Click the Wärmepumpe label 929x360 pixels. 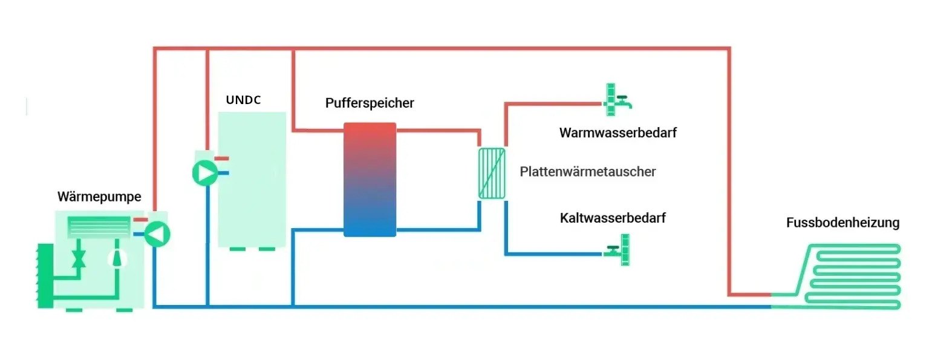[99, 197]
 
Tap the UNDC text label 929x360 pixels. [243, 100]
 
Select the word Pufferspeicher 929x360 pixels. [370, 103]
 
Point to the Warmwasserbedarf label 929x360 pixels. [618, 133]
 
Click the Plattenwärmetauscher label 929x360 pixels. [587, 172]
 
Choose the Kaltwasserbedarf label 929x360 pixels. [613, 218]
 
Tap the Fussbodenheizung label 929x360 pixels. [843, 223]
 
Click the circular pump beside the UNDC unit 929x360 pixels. [205, 174]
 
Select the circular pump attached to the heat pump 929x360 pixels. [157, 234]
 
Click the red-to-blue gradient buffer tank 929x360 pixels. [370, 180]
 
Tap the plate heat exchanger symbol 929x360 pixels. [491, 173]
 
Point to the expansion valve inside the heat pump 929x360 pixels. [78, 257]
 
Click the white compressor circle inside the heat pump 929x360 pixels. [119, 258]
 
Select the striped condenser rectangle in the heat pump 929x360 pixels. [99, 227]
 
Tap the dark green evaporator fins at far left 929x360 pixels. [44, 275]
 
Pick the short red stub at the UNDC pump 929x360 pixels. [222, 159]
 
